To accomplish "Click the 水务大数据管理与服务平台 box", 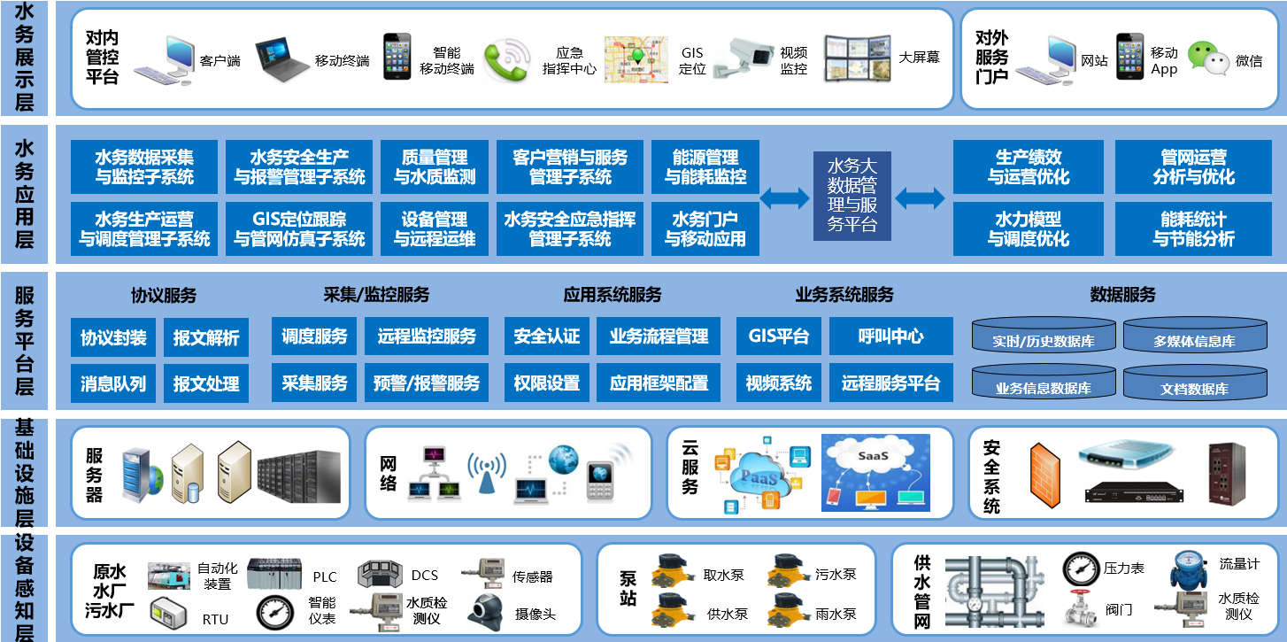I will (x=852, y=196).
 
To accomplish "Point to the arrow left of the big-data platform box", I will (x=785, y=197).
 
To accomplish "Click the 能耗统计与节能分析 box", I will (x=1193, y=228).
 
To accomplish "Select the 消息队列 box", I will (x=113, y=383).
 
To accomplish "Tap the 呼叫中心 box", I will (x=890, y=336).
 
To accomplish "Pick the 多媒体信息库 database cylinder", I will (x=1193, y=336).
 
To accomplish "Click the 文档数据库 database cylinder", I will (x=1193, y=383).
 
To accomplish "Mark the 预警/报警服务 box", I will (x=427, y=383).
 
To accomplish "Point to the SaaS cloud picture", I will (x=875, y=472).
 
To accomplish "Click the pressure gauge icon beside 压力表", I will (x=1080, y=568).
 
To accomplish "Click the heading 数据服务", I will (x=1122, y=295).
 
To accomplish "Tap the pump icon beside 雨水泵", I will (x=786, y=610).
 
